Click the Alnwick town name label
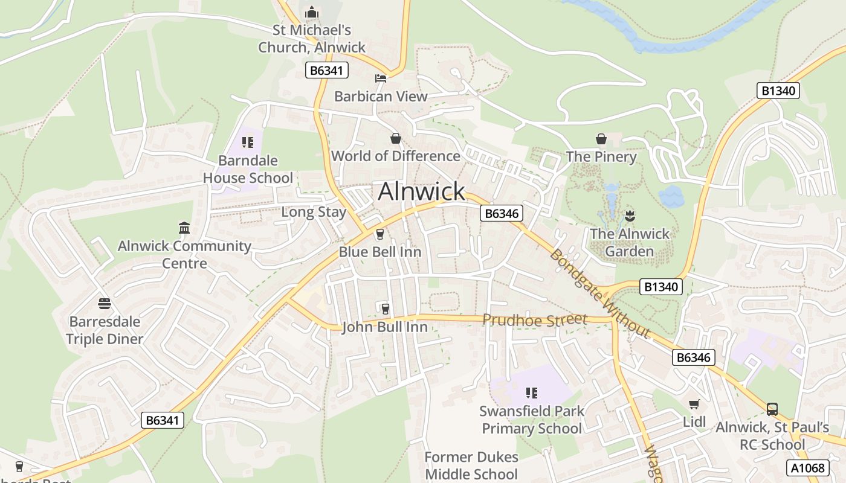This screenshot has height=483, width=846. [421, 191]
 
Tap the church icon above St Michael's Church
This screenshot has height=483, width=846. [312, 12]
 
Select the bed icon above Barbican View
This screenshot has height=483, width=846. [381, 78]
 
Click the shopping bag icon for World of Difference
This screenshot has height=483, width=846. [396, 138]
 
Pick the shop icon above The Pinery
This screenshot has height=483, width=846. [601, 139]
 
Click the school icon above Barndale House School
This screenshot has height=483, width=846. [247, 142]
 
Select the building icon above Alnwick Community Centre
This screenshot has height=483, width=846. [184, 228]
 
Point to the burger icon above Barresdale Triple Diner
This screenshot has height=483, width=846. [105, 303]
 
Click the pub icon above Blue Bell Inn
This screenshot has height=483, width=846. [380, 234]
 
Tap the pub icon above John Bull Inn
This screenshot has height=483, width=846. [385, 309]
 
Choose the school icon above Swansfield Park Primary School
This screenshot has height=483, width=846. [532, 394]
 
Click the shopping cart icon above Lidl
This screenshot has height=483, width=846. [694, 404]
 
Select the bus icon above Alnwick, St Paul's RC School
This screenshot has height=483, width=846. [772, 409]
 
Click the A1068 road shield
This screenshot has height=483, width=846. [807, 467]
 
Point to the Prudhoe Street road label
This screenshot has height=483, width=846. [534, 320]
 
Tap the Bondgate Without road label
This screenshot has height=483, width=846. [599, 293]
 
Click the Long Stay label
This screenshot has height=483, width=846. [314, 212]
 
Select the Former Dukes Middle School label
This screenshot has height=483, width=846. [471, 465]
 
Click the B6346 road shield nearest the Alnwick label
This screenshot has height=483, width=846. [501, 213]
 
